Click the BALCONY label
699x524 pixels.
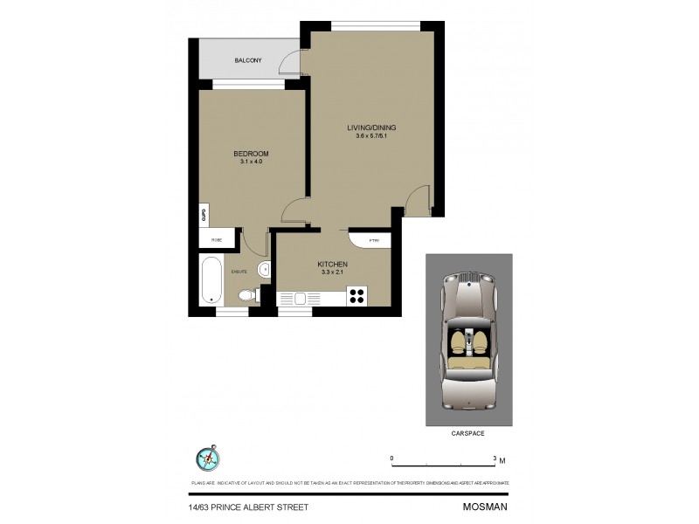click(248, 60)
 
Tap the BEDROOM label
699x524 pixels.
click(250, 154)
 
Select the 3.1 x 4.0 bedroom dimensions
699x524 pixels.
click(250, 162)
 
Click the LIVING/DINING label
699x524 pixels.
click(370, 128)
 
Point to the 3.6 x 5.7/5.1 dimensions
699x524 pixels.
click(370, 135)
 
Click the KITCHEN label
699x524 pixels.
click(333, 264)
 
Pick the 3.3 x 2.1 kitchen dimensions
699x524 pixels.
click(333, 272)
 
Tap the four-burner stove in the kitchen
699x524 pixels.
click(356, 296)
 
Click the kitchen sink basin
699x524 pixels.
click(301, 298)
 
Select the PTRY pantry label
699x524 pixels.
click(373, 240)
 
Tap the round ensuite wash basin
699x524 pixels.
click(264, 269)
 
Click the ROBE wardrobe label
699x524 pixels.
click(216, 239)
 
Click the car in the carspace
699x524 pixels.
click(469, 341)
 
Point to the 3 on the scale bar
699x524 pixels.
click(495, 458)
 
